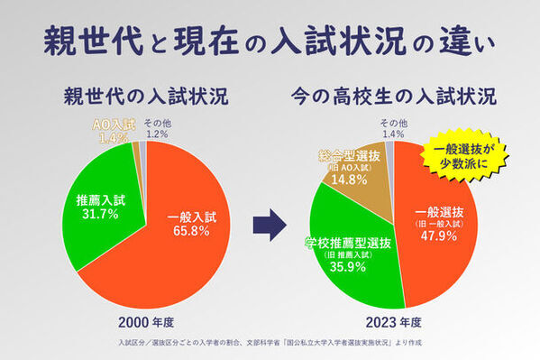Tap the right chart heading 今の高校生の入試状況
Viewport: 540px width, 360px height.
coord(393,95)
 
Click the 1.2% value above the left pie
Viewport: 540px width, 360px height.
coord(157,134)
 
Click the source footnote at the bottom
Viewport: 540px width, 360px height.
coord(270,343)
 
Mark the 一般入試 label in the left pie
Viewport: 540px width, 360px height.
coord(190,217)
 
